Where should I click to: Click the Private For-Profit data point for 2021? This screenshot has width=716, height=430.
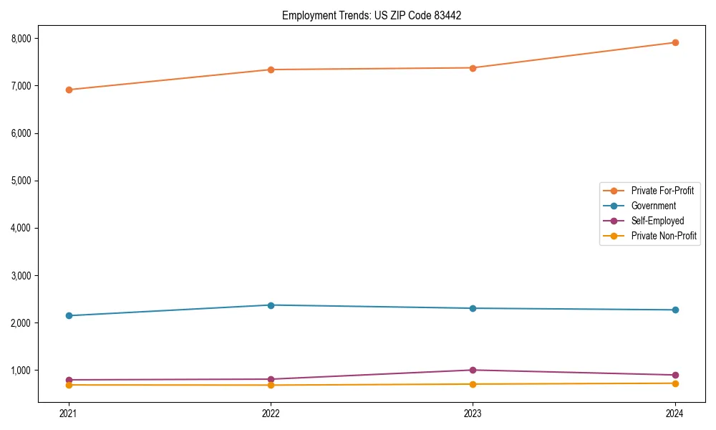(x=69, y=90)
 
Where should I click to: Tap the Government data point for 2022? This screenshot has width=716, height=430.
(x=271, y=305)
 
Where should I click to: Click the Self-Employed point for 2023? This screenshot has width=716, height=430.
(x=473, y=370)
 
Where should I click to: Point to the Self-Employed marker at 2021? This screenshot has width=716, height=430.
(x=69, y=380)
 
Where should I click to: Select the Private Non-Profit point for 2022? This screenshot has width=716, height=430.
(x=271, y=385)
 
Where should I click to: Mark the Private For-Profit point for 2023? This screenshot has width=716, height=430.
(x=473, y=68)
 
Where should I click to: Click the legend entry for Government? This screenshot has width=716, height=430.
(x=653, y=206)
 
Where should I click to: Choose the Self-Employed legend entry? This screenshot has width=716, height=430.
(x=657, y=221)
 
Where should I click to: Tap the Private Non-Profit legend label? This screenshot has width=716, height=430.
(x=664, y=236)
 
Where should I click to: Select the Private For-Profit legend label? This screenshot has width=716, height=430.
(x=662, y=191)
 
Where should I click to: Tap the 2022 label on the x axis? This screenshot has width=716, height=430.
(x=271, y=413)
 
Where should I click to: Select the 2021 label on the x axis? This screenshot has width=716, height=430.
(x=69, y=413)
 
